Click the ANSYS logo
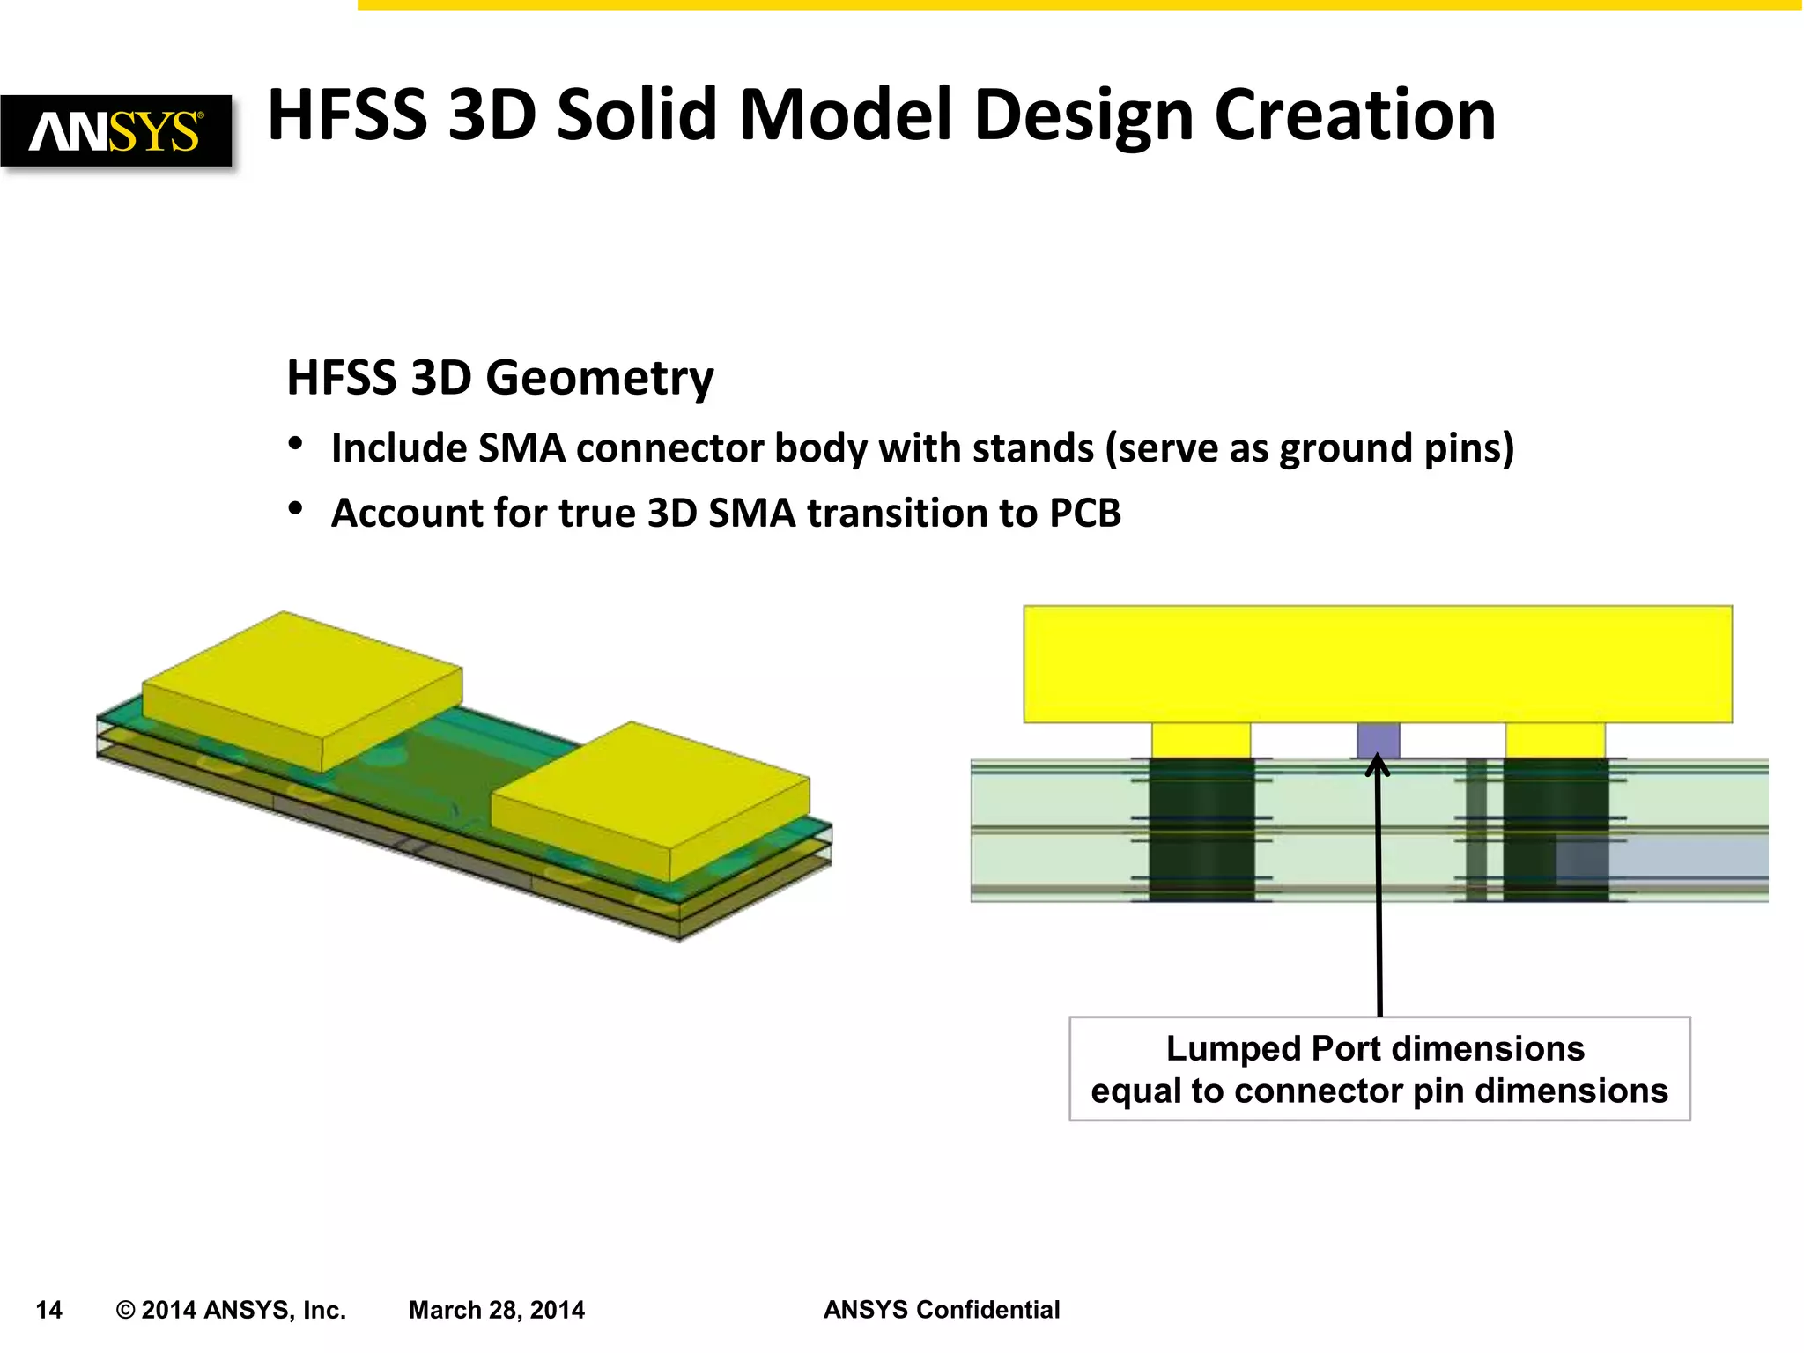pyautogui.click(x=115, y=131)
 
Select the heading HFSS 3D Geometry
pyautogui.click(x=500, y=378)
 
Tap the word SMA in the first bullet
pyautogui.click(x=521, y=448)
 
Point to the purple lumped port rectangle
pyautogui.click(x=1378, y=740)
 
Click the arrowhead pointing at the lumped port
pyautogui.click(x=1378, y=765)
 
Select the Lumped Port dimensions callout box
pyautogui.click(x=1379, y=1068)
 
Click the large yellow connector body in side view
pyautogui.click(x=1377, y=664)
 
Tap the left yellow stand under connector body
pyautogui.click(x=1201, y=740)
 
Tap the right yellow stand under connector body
pyautogui.click(x=1555, y=740)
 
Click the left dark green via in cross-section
pyautogui.click(x=1201, y=830)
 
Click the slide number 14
pyautogui.click(x=48, y=1310)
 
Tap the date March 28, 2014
pyautogui.click(x=496, y=1310)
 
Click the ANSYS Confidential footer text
pyautogui.click(x=941, y=1310)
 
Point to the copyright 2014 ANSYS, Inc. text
pyautogui.click(x=231, y=1310)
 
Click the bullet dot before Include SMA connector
pyautogui.click(x=296, y=444)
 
